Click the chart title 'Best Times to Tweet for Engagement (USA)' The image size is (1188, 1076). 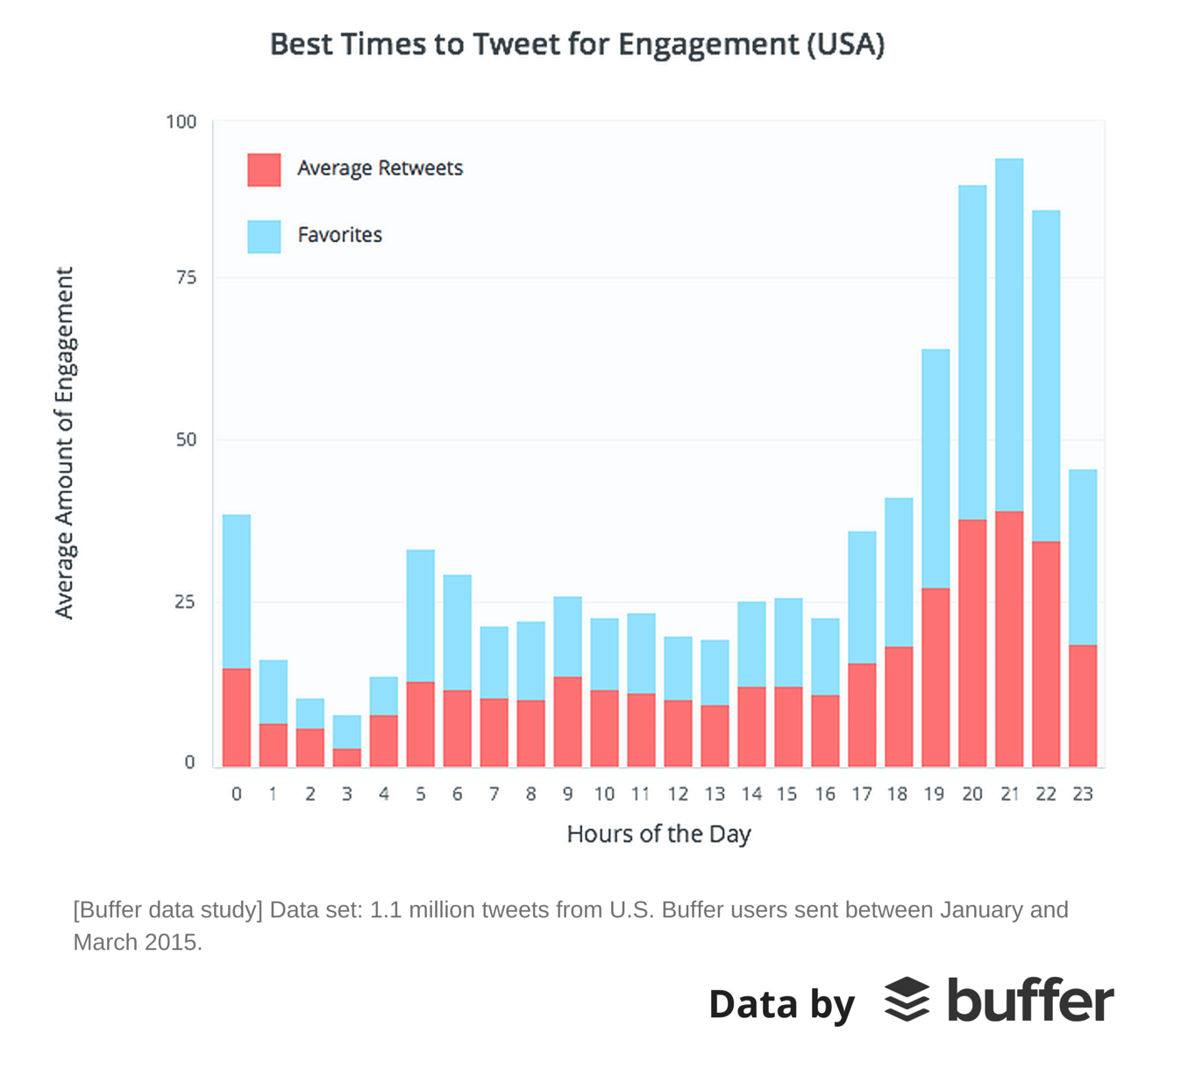(x=577, y=44)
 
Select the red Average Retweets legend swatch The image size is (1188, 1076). (x=264, y=169)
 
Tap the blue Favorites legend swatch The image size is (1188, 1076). (x=264, y=236)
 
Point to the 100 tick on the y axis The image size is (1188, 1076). (x=181, y=122)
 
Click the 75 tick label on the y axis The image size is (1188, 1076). (x=186, y=277)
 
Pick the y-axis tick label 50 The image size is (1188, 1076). (x=186, y=439)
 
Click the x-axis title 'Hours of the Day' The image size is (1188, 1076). (x=658, y=834)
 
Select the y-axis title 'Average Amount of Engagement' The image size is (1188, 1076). (x=65, y=443)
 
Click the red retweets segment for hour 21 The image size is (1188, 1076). (x=1009, y=638)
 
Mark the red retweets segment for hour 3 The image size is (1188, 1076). (x=347, y=758)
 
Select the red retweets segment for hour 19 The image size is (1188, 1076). (x=935, y=677)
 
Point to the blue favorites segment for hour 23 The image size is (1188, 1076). (x=1083, y=558)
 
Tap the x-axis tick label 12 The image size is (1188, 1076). (x=678, y=794)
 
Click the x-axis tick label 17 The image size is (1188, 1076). (x=862, y=794)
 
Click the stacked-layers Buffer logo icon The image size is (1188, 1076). (x=907, y=1000)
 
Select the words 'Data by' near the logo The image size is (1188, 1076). (x=781, y=1004)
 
